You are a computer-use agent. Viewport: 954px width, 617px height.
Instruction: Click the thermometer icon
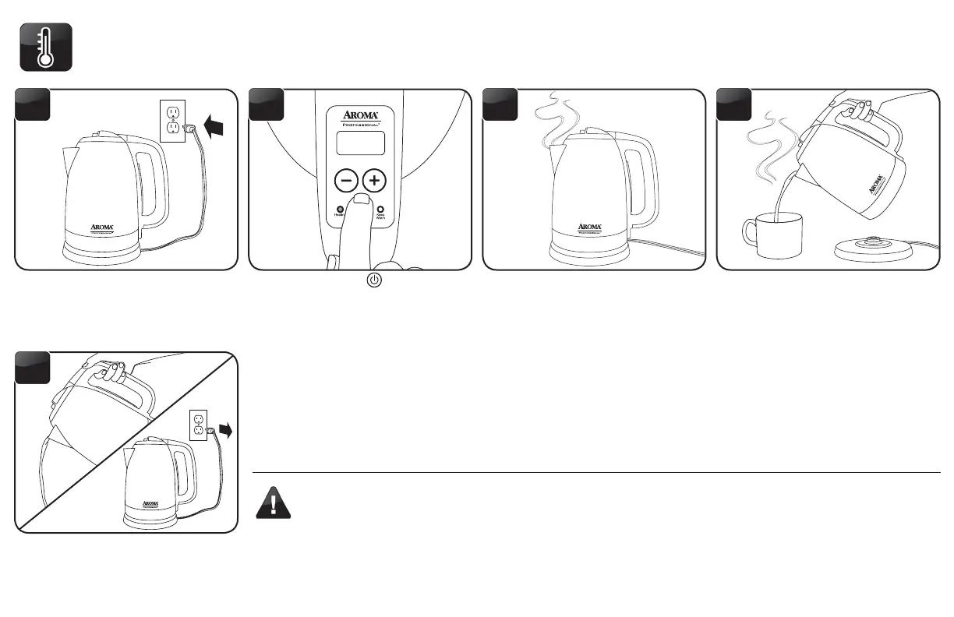(x=46, y=48)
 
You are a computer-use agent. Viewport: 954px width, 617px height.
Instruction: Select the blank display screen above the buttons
(x=360, y=143)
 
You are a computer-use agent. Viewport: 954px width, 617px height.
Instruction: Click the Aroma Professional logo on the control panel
(x=360, y=118)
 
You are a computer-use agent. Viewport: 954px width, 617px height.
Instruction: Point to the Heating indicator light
(x=340, y=210)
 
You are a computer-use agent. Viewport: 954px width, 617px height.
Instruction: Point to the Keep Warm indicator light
(x=380, y=210)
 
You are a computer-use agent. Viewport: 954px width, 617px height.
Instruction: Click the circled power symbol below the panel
(x=374, y=280)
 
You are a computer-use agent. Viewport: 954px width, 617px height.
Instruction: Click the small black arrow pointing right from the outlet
(x=227, y=429)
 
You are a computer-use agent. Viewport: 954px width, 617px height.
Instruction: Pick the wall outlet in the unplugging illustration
(x=199, y=425)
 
